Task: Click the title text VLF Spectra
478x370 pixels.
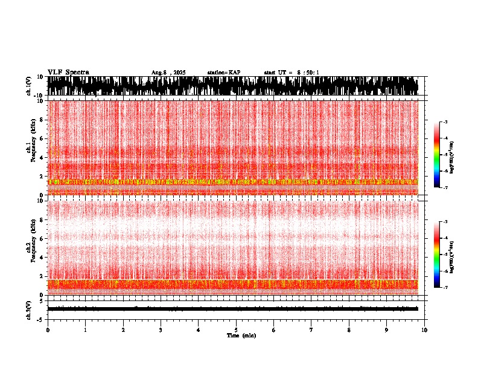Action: click(x=68, y=72)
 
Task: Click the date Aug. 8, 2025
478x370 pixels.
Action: click(x=168, y=73)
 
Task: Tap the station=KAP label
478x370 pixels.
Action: click(x=223, y=73)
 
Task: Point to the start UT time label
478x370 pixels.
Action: click(x=292, y=73)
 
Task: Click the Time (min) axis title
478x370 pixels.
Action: click(x=241, y=335)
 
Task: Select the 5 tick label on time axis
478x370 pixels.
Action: click(x=236, y=329)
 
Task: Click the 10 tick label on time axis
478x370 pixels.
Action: click(x=424, y=329)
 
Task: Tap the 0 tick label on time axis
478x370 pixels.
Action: click(x=48, y=329)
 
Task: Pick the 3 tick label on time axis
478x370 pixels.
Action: click(x=161, y=329)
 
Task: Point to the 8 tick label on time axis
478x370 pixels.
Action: click(x=349, y=329)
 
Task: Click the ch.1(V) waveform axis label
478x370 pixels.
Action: click(x=29, y=86)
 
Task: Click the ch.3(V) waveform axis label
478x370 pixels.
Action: click(x=29, y=309)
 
